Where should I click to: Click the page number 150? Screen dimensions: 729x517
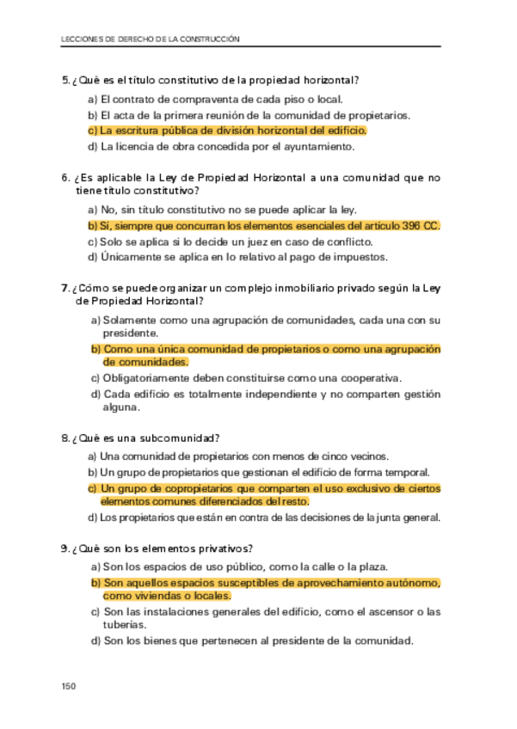pyautogui.click(x=70, y=685)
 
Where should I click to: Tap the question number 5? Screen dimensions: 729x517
pyautogui.click(x=65, y=80)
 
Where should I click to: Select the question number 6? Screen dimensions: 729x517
pyautogui.click(x=65, y=178)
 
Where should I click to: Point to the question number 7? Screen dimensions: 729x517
pyautogui.click(x=65, y=288)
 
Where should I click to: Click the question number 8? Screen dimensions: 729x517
pyautogui.click(x=65, y=438)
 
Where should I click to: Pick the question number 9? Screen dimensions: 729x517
pyautogui.click(x=65, y=548)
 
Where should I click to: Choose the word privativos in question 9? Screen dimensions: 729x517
pyautogui.click(x=223, y=548)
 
